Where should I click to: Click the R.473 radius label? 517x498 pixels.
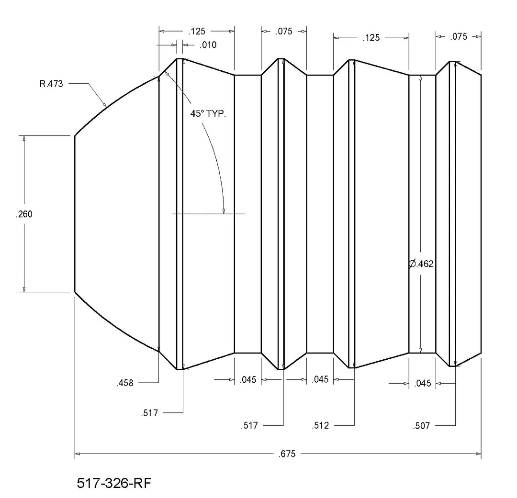click(51, 84)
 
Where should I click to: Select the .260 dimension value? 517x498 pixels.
click(24, 214)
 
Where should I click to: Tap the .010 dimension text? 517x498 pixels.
click(208, 45)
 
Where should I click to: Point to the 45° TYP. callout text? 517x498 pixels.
click(208, 114)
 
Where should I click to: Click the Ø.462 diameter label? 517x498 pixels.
click(421, 264)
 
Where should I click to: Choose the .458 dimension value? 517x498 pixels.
click(125, 383)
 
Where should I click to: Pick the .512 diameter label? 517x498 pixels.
click(320, 425)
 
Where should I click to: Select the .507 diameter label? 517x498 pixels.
click(421, 426)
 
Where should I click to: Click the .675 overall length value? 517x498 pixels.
click(287, 454)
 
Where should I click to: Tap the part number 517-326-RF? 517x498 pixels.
click(114, 483)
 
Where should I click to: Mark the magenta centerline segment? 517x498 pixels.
click(208, 214)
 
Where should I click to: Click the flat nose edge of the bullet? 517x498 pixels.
click(75, 214)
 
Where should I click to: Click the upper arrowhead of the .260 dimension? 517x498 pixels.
click(24, 138)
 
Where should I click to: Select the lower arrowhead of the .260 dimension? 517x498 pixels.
click(24, 289)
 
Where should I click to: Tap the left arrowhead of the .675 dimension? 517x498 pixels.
click(78, 454)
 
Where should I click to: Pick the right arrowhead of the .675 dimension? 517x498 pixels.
click(478, 454)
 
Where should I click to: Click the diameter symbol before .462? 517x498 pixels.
click(412, 264)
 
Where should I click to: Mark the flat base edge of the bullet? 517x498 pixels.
click(481, 214)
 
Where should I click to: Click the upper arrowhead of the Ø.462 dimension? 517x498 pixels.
click(421, 78)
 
